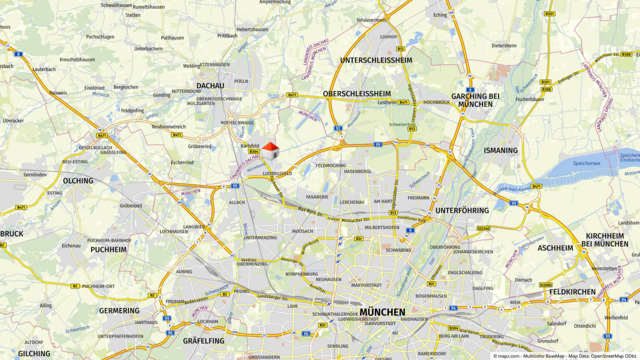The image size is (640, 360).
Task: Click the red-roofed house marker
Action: pyautogui.click(x=270, y=150)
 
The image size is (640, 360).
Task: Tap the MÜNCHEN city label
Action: pyautogui.click(x=382, y=312)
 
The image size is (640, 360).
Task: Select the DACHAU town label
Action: pyautogui.click(x=210, y=86)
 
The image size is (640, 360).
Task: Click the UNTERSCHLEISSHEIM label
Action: pyautogui.click(x=376, y=60)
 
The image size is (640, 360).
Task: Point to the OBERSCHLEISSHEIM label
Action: pyautogui.click(x=356, y=93)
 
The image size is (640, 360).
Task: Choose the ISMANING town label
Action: pyautogui.click(x=500, y=150)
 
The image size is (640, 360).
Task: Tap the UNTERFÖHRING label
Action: pyautogui.click(x=462, y=210)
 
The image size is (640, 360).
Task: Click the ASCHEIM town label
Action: pyautogui.click(x=555, y=248)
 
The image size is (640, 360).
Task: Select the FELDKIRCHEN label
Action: pyautogui.click(x=572, y=291)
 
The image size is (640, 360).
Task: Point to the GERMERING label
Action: pyautogui.click(x=119, y=310)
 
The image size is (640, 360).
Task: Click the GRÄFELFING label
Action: pyautogui.click(x=203, y=341)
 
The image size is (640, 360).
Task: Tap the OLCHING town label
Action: pyautogui.click(x=77, y=180)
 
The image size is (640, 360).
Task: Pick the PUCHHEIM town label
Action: pyautogui.click(x=108, y=249)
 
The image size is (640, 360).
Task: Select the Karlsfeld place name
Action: pyautogui.click(x=250, y=146)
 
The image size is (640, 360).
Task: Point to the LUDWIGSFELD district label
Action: pyautogui.click(x=277, y=173)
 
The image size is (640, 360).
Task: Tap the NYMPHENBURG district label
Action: pyautogui.click(x=301, y=274)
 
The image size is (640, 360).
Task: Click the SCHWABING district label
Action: pyautogui.click(x=398, y=250)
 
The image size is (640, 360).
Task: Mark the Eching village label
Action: pyautogui.click(x=440, y=15)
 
